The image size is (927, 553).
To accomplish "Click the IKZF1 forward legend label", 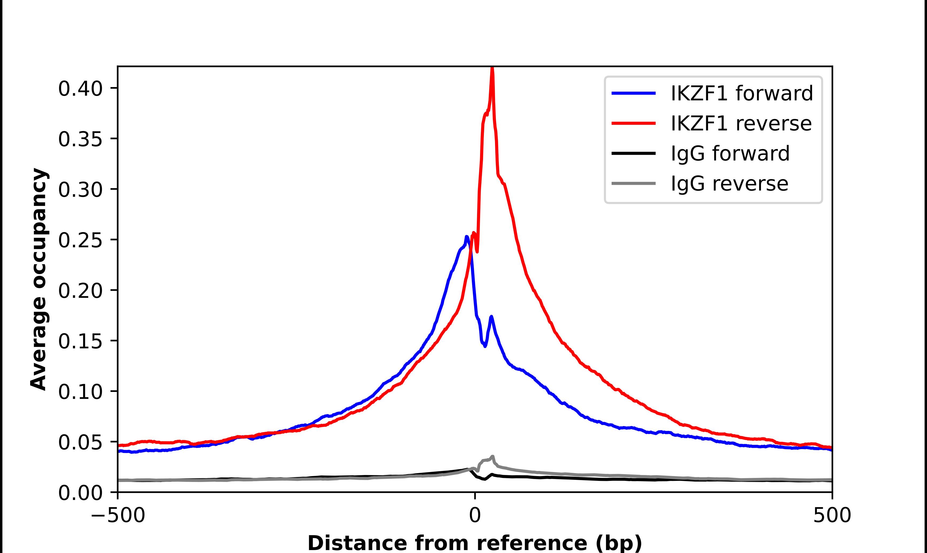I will pyautogui.click(x=741, y=93).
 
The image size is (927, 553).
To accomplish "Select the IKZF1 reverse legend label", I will pyautogui.click(x=741, y=123).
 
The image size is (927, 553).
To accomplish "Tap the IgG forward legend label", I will pyautogui.click(x=730, y=154).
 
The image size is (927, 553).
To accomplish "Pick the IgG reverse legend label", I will pyautogui.click(x=729, y=184).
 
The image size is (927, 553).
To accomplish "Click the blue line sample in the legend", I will pyautogui.click(x=634, y=93).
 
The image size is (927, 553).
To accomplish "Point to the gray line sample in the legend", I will pyautogui.click(x=634, y=183).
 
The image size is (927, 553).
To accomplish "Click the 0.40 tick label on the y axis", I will pyautogui.click(x=80, y=89).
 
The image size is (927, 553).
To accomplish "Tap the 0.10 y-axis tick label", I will pyautogui.click(x=80, y=392).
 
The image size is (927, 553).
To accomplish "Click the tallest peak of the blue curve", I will pyautogui.click(x=467, y=237).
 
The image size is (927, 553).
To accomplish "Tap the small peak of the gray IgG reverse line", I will pyautogui.click(x=493, y=457).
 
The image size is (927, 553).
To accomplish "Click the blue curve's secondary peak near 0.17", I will pyautogui.click(x=492, y=317).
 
